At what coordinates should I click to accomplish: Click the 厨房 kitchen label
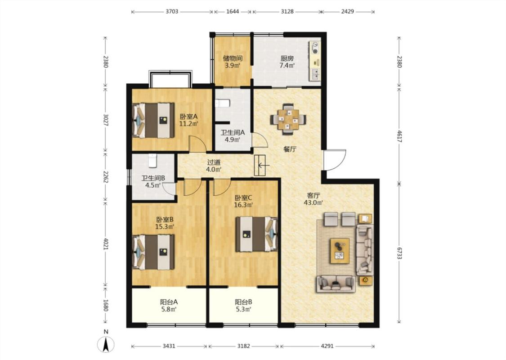(287, 58)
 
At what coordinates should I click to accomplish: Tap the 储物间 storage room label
(233, 58)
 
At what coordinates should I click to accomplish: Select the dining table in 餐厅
(289, 118)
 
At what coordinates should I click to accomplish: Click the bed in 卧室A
(154, 121)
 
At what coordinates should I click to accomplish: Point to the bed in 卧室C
(256, 234)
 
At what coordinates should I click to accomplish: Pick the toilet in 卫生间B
(152, 161)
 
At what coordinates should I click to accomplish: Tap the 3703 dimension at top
(172, 12)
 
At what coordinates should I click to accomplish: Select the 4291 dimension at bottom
(327, 346)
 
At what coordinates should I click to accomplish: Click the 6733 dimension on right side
(399, 253)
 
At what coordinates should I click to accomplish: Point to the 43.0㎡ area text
(313, 203)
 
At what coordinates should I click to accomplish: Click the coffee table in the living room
(340, 251)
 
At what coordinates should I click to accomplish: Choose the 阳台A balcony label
(169, 302)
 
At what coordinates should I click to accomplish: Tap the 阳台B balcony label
(243, 302)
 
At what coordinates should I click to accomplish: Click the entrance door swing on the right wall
(335, 160)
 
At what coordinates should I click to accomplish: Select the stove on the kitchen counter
(315, 47)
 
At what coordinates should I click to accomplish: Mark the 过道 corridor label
(214, 162)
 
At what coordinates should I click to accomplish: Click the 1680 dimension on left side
(106, 305)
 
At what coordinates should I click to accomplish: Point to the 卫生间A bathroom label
(233, 132)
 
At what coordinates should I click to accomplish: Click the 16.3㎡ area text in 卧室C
(243, 204)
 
